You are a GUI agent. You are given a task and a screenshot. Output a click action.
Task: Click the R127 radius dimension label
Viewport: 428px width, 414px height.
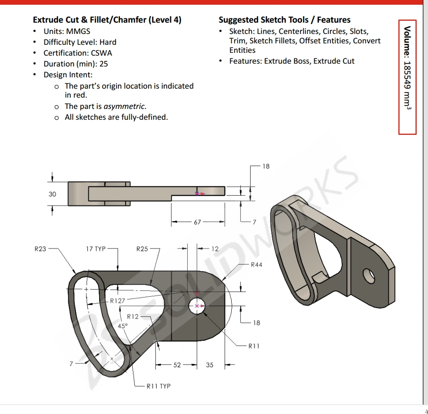[117, 301]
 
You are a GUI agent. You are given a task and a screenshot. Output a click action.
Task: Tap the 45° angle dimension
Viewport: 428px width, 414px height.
[123, 326]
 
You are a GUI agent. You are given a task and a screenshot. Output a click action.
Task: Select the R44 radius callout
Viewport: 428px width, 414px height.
[256, 265]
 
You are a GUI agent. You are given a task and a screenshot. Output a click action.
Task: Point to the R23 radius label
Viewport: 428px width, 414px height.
[40, 248]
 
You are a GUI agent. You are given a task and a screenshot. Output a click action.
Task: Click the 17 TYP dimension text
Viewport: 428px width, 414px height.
[95, 248]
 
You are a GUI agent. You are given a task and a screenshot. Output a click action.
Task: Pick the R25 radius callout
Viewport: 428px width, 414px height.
[142, 248]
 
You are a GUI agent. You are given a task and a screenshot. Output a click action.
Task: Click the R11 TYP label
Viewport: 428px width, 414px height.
[158, 386]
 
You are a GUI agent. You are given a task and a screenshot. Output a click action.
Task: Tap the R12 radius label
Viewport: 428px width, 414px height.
[133, 316]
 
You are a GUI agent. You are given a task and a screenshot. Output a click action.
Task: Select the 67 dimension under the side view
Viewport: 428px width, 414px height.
[197, 222]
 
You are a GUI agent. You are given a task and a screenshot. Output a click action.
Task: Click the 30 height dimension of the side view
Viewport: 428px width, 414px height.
[52, 194]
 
